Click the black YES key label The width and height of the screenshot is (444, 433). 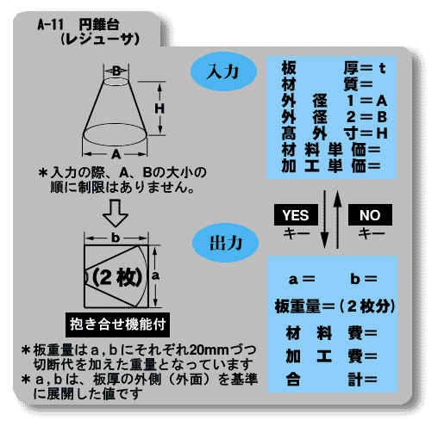coord(296,214)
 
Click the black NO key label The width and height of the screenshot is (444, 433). coord(370,214)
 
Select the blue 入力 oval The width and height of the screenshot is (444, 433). coord(223,71)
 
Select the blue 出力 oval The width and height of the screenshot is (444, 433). coord(225,243)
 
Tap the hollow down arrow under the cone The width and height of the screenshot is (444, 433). coord(116,213)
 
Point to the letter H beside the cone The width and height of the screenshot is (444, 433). coord(159,108)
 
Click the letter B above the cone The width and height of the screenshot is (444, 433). coord(116,71)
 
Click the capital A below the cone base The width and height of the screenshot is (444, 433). coord(116,154)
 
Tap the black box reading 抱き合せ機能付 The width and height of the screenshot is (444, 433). coord(117,325)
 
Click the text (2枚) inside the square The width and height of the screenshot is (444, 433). coord(117,277)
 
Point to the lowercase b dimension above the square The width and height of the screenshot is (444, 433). coord(116,238)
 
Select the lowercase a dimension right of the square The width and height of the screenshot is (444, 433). coord(155,275)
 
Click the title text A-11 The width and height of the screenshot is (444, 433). coord(50,25)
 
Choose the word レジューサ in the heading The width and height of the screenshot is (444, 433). coord(100,39)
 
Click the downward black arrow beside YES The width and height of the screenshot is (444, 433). coord(325,220)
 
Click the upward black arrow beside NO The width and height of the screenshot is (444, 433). coord(338,220)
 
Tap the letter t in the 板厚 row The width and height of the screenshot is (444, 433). coord(382,68)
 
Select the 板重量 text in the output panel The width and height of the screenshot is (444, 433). coord(297,306)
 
